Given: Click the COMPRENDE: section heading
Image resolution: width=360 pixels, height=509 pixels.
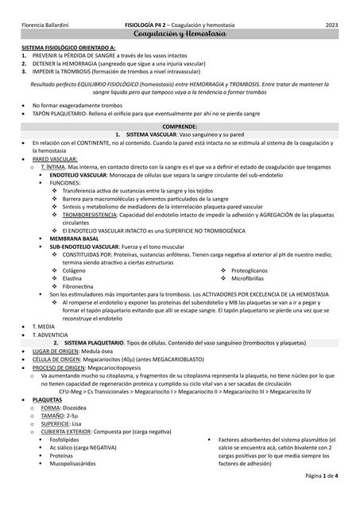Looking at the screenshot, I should pyautogui.click(x=180, y=126).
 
